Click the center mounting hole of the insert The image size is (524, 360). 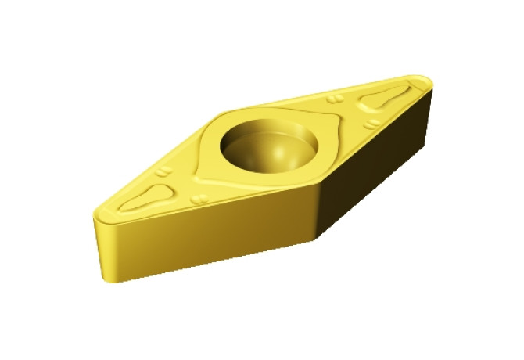pos(270,144)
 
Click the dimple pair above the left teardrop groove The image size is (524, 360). pos(163,170)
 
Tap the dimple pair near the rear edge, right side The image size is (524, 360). pos(334,99)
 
